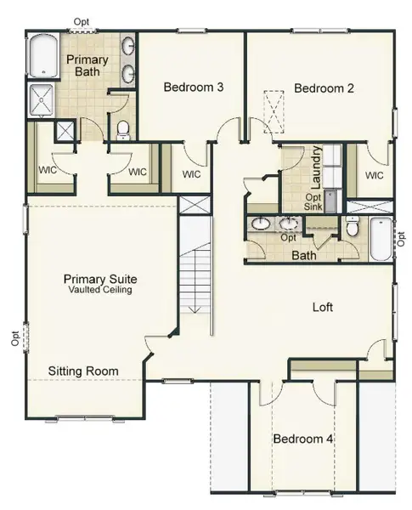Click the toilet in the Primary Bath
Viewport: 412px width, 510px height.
tap(122, 129)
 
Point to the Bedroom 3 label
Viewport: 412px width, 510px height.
tap(193, 87)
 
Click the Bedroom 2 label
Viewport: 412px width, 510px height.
tap(323, 88)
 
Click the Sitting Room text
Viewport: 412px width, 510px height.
tap(82, 371)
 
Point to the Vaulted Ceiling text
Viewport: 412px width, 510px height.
tap(100, 290)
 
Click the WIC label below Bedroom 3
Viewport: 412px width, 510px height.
tap(191, 175)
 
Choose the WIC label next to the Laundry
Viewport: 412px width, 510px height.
tap(374, 175)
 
